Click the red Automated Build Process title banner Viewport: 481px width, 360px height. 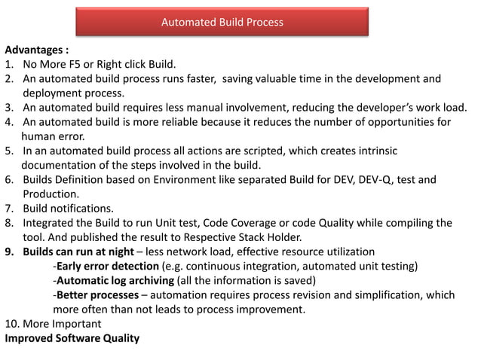point(222,23)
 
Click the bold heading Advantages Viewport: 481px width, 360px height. point(35,50)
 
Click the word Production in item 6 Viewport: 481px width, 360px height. point(51,194)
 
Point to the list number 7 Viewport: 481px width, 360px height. point(10,209)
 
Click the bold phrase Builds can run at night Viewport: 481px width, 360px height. point(85,252)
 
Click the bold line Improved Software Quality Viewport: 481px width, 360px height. point(72,338)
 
